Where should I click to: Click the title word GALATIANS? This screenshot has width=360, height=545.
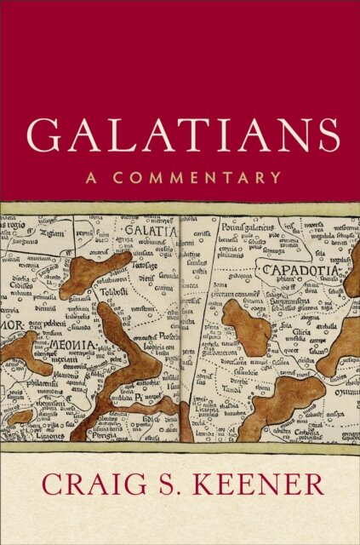coord(180,135)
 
